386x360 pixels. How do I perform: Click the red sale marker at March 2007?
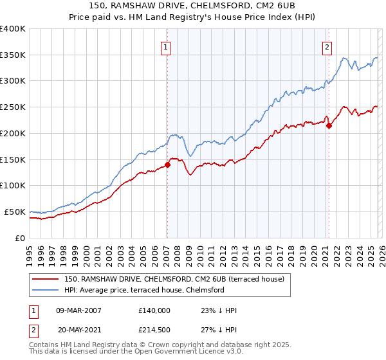[167, 165]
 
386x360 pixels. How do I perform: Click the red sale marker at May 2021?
[329, 125]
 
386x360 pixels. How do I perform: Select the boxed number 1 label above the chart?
[166, 46]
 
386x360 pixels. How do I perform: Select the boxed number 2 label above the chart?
[327, 46]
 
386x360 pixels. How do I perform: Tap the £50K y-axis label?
[15, 212]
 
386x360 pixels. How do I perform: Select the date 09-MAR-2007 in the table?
[78, 310]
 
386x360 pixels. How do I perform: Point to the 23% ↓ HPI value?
[219, 310]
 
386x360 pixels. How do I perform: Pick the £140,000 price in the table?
[154, 310]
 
